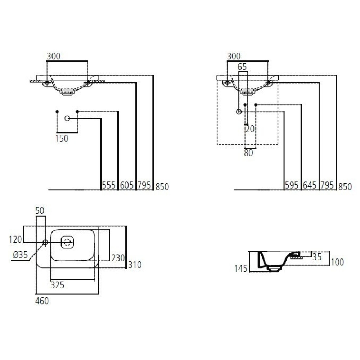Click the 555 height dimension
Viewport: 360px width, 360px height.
pyautogui.click(x=109, y=186)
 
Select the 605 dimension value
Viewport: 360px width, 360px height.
pyautogui.click(x=126, y=186)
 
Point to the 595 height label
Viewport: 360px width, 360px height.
pyautogui.click(x=292, y=186)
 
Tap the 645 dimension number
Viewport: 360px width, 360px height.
pyautogui.click(x=310, y=186)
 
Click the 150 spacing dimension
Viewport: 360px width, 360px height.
pyautogui.click(x=62, y=139)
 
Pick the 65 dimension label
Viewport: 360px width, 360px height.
pyautogui.click(x=242, y=67)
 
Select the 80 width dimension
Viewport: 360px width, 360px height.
pyautogui.click(x=248, y=153)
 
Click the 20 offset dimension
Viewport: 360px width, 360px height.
pyautogui.click(x=250, y=129)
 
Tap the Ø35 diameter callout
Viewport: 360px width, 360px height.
pyautogui.click(x=21, y=255)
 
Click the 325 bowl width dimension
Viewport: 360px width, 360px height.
pyautogui.click(x=57, y=285)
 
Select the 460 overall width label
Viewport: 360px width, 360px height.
pyautogui.click(x=42, y=301)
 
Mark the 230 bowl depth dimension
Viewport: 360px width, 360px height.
pyautogui.click(x=118, y=258)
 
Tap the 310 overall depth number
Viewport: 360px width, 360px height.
pyautogui.click(x=134, y=265)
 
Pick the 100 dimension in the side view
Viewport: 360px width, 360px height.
pyautogui.click(x=337, y=262)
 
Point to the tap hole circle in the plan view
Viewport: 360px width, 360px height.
pyautogui.click(x=45, y=242)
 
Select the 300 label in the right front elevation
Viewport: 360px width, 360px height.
pyautogui.click(x=234, y=56)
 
